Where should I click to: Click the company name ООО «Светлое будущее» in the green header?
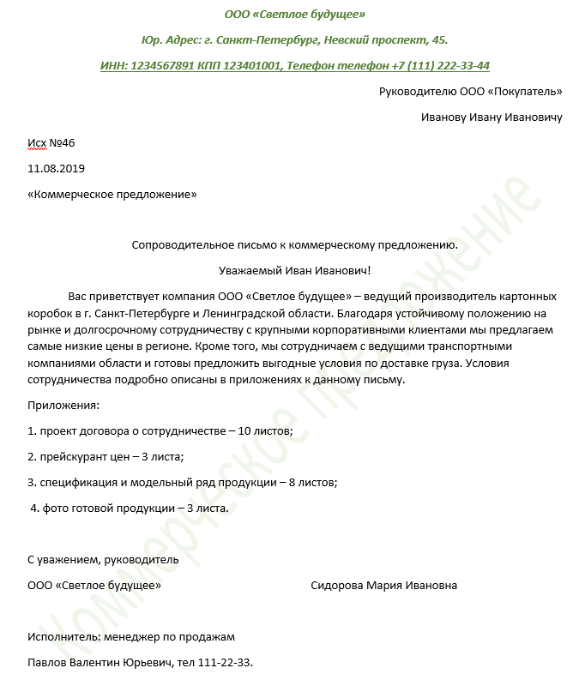coord(294,15)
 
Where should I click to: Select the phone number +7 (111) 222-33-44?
coord(440,65)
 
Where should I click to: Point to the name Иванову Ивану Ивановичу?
coord(492,117)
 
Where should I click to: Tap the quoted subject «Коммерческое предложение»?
coord(112,195)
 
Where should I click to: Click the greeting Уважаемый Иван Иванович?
coord(294,270)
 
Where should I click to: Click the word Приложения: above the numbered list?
coord(63,404)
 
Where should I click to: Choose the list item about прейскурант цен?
coord(106,456)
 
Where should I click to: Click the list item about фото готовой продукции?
coord(130,508)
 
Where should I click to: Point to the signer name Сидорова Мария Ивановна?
coord(383,585)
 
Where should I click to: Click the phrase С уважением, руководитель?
coord(103,559)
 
